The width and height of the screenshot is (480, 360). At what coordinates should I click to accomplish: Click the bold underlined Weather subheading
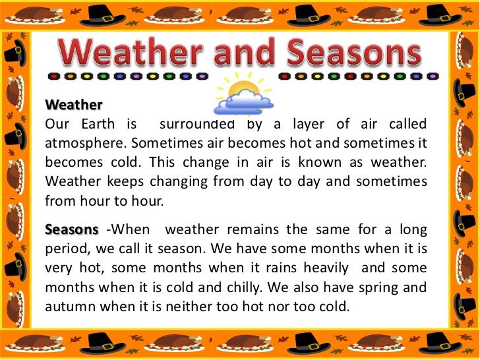[x=74, y=105]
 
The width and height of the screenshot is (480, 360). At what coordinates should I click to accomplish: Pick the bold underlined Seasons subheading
[x=71, y=229]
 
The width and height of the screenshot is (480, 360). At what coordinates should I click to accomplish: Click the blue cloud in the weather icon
[x=244, y=103]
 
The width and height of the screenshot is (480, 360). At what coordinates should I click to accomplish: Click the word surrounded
[x=195, y=124]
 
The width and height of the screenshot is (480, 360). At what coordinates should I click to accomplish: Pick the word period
[x=66, y=249]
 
